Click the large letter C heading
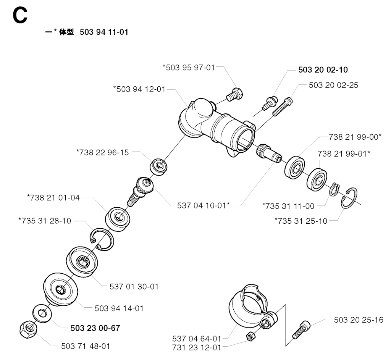20,15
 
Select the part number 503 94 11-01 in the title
104,32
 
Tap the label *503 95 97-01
189,67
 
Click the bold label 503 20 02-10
323,69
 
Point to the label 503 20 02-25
333,85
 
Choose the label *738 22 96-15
102,152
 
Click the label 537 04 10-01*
203,205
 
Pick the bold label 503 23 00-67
95,328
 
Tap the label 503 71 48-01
86,346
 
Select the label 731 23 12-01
197,347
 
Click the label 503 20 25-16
359,320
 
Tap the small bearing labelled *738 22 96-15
158,166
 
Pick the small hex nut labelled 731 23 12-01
250,336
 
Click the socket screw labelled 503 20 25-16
301,329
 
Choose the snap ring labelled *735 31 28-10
102,239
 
